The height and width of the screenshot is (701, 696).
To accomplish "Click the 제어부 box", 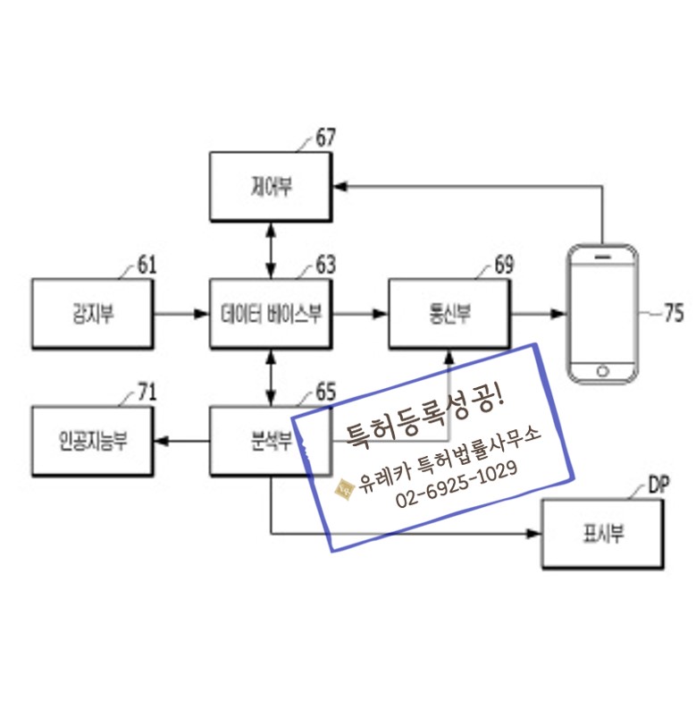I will (x=271, y=187).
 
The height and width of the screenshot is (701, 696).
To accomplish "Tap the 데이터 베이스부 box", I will (x=271, y=314).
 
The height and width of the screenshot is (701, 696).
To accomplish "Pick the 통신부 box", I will (x=449, y=314).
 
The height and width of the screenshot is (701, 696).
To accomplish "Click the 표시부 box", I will (x=603, y=535).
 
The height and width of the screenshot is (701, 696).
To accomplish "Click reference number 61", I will (x=147, y=265).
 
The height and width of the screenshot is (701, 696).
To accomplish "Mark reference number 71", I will (x=147, y=392).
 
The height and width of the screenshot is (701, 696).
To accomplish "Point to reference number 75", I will (x=674, y=313).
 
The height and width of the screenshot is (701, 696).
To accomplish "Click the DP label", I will (x=659, y=486).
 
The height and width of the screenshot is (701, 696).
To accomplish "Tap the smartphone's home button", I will (x=603, y=370).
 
